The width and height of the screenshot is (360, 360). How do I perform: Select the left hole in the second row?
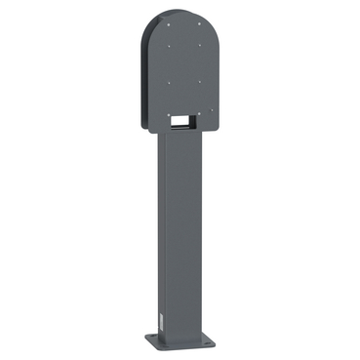pyautogui.click(x=168, y=46)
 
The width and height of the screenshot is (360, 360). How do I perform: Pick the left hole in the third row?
pyautogui.click(x=169, y=82)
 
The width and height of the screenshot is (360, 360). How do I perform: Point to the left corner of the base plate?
pyautogui.click(x=144, y=341)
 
